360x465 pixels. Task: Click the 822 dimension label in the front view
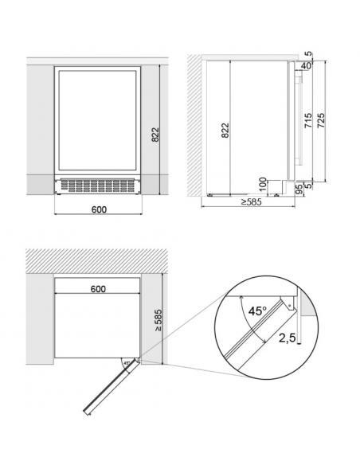(x=155, y=135)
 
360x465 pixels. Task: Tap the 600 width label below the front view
(x=99, y=209)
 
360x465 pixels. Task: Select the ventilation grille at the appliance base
(x=98, y=186)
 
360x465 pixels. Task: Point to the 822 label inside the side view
(x=225, y=131)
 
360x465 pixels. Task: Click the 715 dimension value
(x=309, y=120)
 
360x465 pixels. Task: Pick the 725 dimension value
(x=321, y=120)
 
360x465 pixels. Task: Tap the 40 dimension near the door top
(x=306, y=66)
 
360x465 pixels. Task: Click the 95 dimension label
(x=299, y=190)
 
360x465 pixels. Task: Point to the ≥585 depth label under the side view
(x=251, y=202)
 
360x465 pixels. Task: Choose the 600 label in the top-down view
(x=98, y=288)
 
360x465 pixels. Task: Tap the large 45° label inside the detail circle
(x=257, y=311)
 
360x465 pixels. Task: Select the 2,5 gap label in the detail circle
(x=288, y=338)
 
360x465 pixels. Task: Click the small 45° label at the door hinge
(x=127, y=363)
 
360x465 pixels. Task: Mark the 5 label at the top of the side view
(x=308, y=54)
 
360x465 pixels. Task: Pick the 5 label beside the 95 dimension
(x=308, y=186)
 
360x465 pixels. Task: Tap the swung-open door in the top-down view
(x=111, y=387)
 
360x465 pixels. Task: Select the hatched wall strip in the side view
(x=194, y=125)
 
